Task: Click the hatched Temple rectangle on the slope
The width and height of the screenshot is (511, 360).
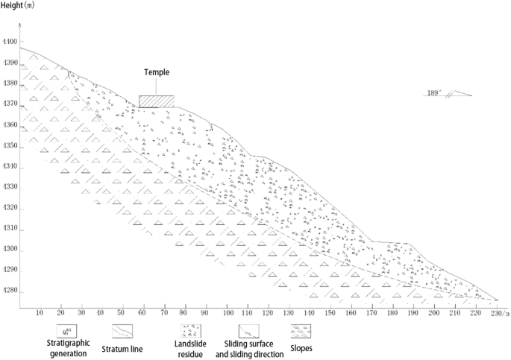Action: click(156, 101)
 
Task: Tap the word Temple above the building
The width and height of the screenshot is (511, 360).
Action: click(157, 72)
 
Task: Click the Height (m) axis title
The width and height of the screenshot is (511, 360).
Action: click(23, 7)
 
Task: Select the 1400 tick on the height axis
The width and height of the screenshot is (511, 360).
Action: click(9, 42)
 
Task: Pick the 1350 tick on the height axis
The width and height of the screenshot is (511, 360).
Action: click(9, 147)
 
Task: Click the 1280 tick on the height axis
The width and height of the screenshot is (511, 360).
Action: click(9, 291)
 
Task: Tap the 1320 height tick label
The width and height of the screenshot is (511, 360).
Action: click(9, 209)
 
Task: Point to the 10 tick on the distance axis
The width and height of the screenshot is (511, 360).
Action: click(40, 313)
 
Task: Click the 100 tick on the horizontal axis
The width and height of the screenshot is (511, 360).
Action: click(228, 313)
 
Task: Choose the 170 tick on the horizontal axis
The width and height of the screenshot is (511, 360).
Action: click(372, 313)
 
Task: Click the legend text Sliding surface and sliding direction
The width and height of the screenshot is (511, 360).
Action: click(254, 350)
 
